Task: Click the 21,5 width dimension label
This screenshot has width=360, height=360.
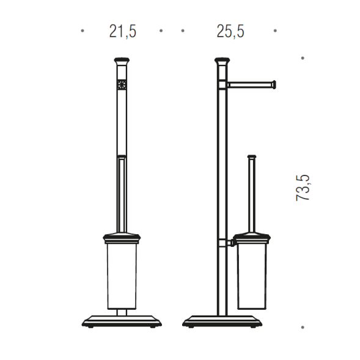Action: (x=123, y=31)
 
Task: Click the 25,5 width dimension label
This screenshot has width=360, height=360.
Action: (x=230, y=31)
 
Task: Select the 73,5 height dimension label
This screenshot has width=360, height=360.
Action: (x=303, y=188)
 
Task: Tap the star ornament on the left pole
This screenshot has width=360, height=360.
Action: (x=122, y=84)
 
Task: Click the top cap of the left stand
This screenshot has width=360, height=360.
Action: (x=122, y=61)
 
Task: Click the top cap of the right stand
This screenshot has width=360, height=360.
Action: (x=222, y=61)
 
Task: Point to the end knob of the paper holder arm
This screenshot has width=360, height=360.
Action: (x=273, y=84)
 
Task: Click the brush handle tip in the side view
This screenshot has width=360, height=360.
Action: (x=252, y=157)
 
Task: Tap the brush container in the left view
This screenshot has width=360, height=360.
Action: (x=122, y=276)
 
